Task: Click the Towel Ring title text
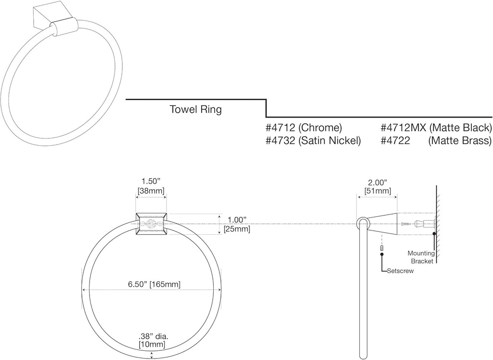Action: click(195, 109)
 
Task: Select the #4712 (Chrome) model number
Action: click(303, 128)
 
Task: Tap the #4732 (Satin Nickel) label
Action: click(313, 141)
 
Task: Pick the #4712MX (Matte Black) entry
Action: click(436, 128)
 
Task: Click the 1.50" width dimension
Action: click(151, 181)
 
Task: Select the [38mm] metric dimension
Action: click(151, 191)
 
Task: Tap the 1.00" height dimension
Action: click(237, 220)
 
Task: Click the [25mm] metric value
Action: click(237, 229)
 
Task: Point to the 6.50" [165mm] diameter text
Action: click(154, 284)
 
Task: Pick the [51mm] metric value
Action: click(377, 191)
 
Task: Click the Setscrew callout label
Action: click(400, 271)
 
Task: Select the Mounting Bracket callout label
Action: click(421, 257)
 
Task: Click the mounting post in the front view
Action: click(152, 224)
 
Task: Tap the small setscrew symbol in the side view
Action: click(382, 248)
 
